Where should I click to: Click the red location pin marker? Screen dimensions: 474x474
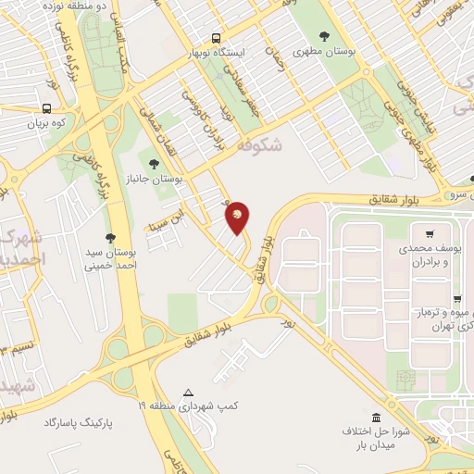pos(238,217)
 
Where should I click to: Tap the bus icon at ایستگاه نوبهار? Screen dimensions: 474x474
pos(216,39)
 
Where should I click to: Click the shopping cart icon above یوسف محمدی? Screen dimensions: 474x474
pos(430,234)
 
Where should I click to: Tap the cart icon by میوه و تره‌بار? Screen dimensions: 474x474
pos(457,299)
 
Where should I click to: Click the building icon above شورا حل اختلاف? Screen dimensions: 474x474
pos(376,418)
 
